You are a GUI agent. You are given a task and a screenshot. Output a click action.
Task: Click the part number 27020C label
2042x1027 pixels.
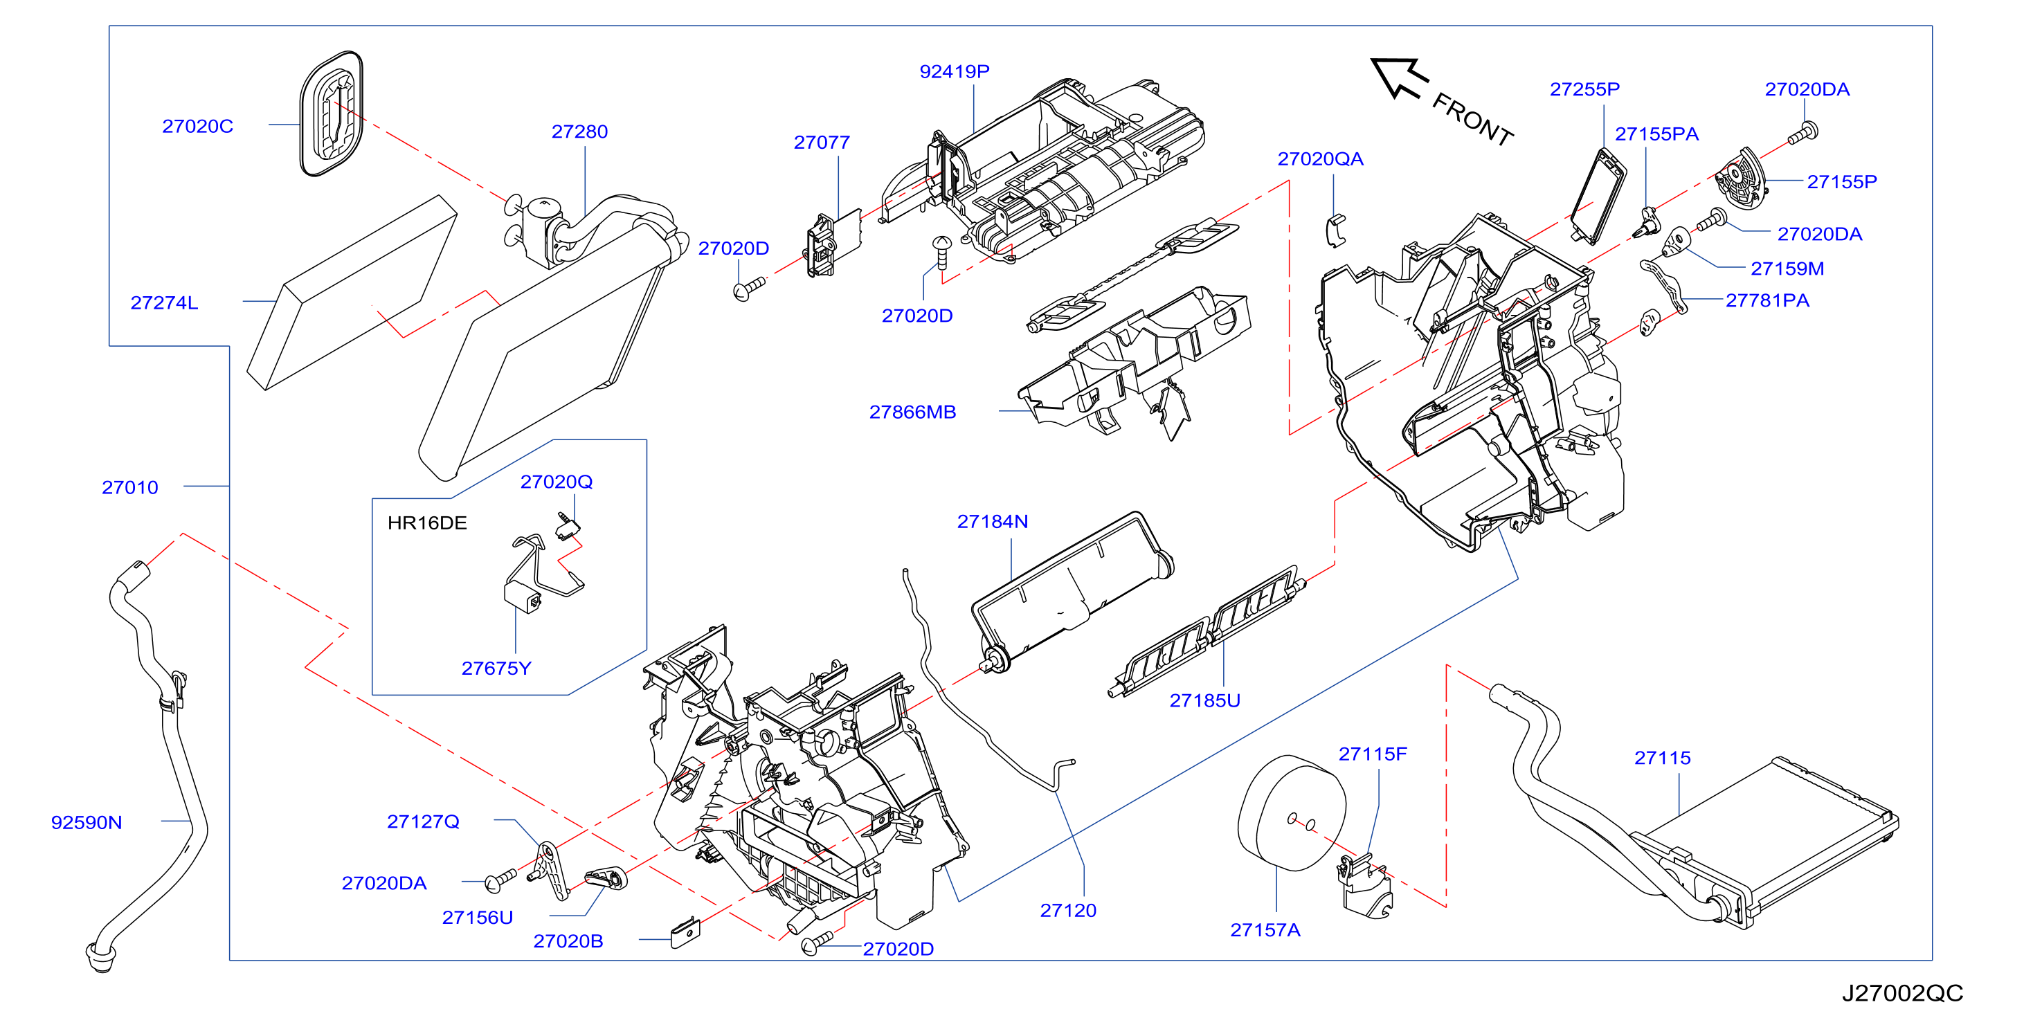coord(197,127)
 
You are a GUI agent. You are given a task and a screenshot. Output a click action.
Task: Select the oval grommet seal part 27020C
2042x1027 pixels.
coord(332,113)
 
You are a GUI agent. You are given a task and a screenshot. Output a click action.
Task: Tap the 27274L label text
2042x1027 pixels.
coord(164,302)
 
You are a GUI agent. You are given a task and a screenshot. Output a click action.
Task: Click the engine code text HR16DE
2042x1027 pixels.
coord(427,523)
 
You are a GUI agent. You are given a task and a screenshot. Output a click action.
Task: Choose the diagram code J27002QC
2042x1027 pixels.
coord(1901,993)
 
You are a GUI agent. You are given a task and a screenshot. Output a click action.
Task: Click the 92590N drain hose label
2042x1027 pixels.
coord(87,823)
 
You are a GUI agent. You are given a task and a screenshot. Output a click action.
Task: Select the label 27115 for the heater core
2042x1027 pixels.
coord(1662,758)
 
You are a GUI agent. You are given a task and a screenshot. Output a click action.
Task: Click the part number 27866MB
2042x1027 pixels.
coord(912,412)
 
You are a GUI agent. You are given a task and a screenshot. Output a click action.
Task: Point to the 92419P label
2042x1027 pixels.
coord(955,72)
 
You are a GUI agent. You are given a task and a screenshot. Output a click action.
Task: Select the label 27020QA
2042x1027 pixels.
coord(1321,159)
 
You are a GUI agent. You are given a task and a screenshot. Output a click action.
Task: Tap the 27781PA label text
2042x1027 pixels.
coord(1768,301)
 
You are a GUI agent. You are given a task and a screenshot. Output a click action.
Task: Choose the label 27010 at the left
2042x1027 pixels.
coord(130,488)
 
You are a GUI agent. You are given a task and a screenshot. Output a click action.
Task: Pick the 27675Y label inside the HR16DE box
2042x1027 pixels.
coord(496,669)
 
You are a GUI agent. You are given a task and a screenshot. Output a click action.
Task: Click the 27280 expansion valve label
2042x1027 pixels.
coord(579,132)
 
